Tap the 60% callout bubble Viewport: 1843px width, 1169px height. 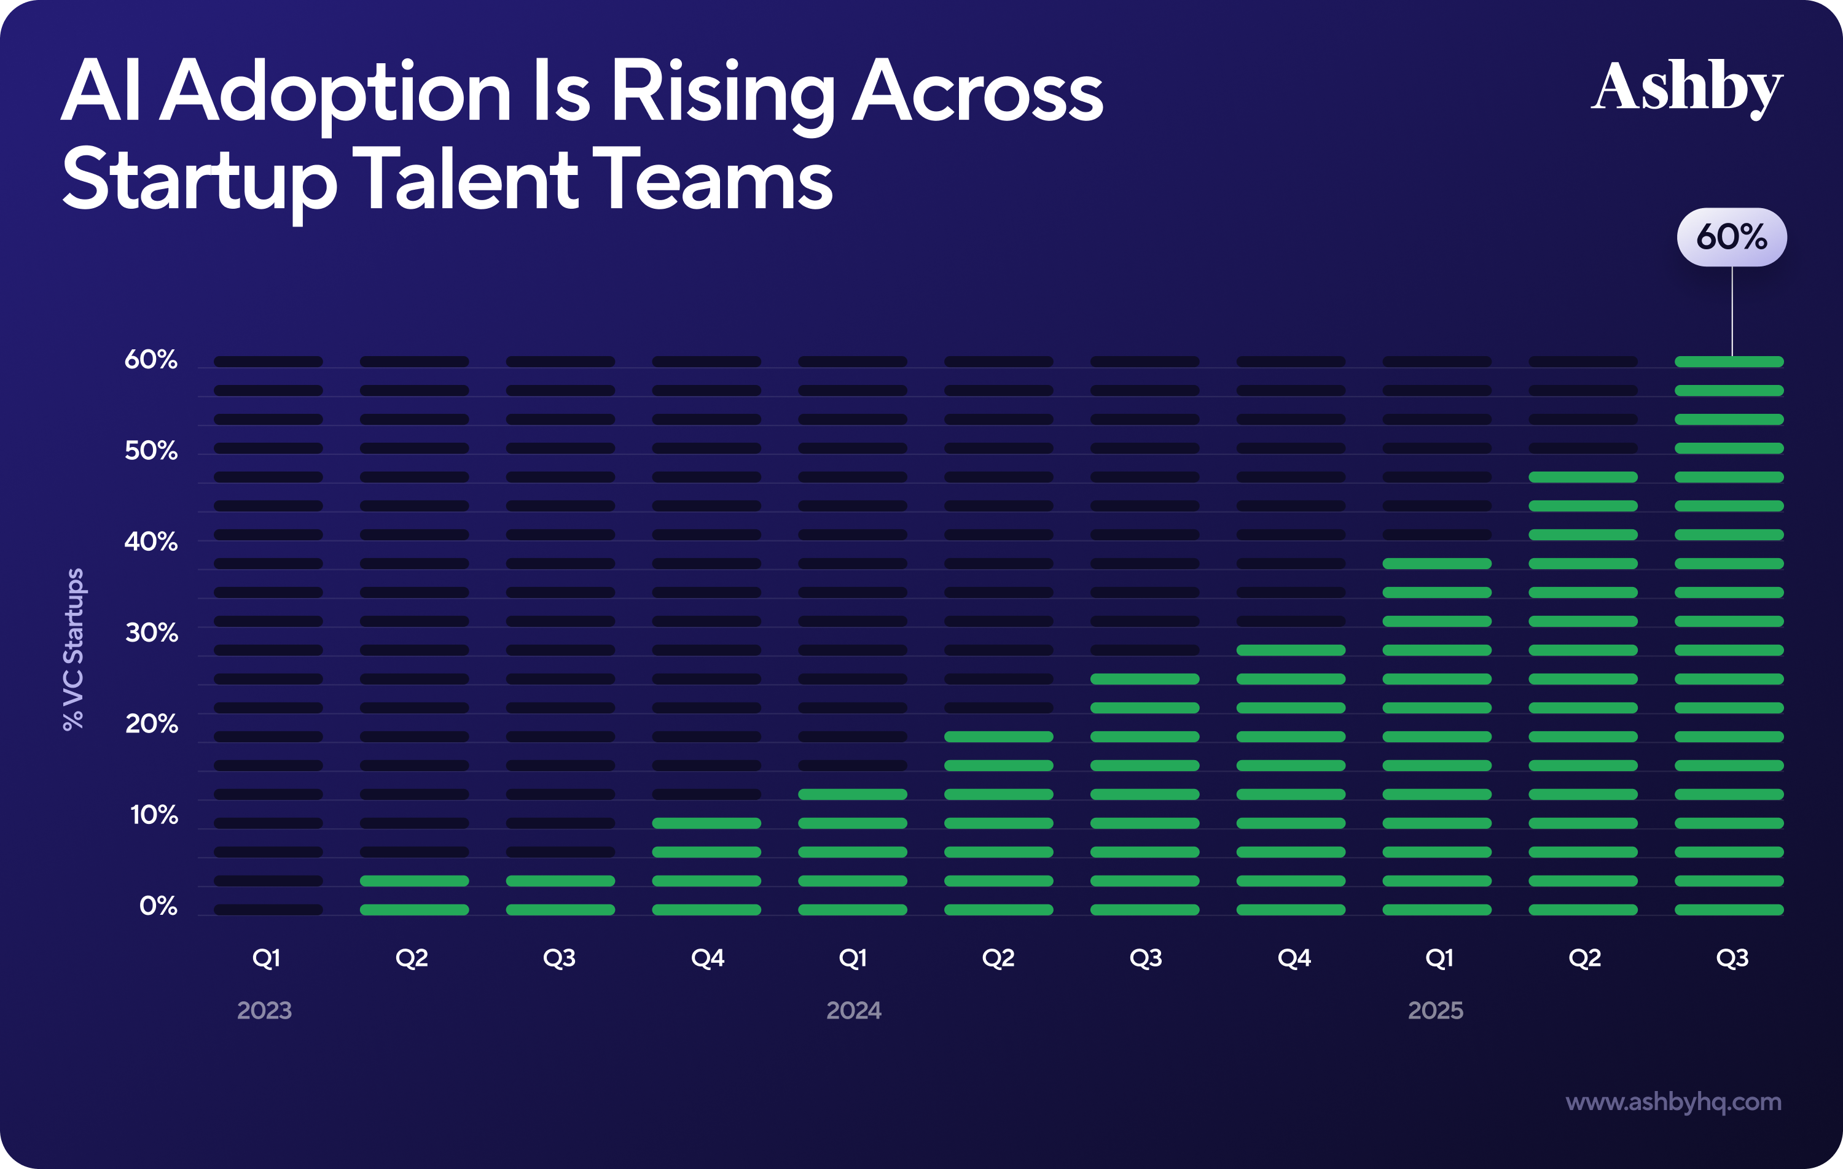[x=1731, y=237]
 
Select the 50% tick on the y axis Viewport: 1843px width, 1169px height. [x=151, y=451]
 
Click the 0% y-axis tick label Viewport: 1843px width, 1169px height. [x=158, y=906]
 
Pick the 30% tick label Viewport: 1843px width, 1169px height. [x=152, y=633]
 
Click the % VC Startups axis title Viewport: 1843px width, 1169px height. [x=74, y=649]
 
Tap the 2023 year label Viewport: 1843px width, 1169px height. [x=264, y=1011]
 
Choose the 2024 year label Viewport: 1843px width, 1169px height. [x=853, y=1011]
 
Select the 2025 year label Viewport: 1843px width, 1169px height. [x=1435, y=1011]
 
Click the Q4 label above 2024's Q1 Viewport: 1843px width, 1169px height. [x=707, y=958]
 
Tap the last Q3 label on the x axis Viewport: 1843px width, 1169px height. [x=1732, y=958]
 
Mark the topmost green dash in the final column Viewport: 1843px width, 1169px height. [x=1729, y=362]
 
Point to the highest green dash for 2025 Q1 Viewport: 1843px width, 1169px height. [x=1436, y=564]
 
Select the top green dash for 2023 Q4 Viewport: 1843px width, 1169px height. [x=706, y=823]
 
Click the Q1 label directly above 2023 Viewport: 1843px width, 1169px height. [x=267, y=958]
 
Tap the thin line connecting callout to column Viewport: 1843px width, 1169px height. [x=1732, y=311]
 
